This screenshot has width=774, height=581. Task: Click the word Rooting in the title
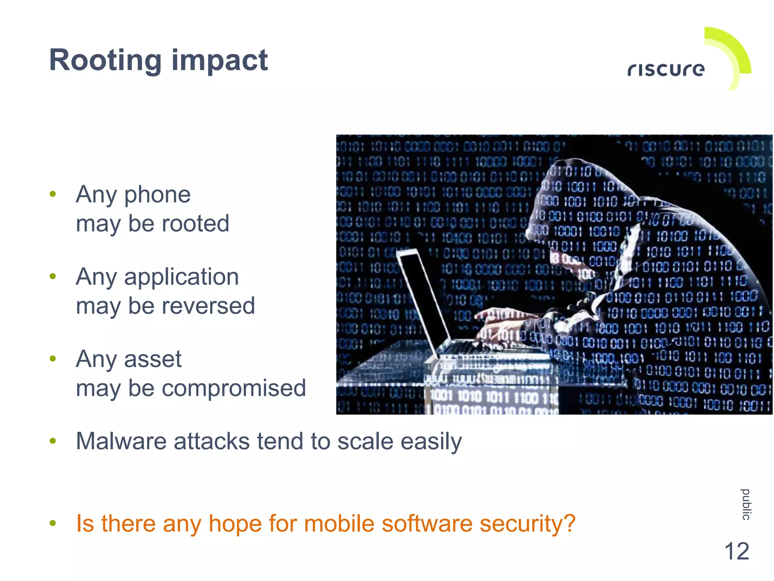105,60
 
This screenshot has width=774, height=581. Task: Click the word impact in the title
220,60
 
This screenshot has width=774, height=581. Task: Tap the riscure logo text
666,70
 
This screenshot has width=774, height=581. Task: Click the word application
181,277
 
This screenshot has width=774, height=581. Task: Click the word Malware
121,441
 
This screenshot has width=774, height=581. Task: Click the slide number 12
737,551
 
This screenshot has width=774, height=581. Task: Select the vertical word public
746,504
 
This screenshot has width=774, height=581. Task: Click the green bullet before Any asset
53,358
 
